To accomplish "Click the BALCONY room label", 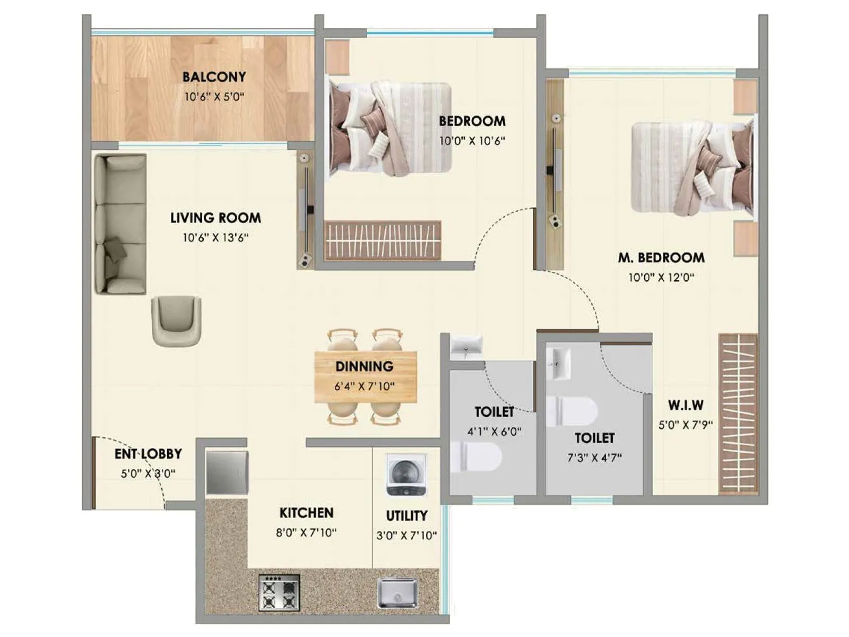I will pos(214,77).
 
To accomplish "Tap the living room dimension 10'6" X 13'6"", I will pos(215,238).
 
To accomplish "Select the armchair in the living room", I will pos(176,321).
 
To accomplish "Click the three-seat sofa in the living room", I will pos(120,224).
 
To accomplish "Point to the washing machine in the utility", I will pos(406,475).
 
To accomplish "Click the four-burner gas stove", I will pos(279,592).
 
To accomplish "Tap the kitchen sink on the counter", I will pos(397,592).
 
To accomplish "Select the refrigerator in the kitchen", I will pos(227,472).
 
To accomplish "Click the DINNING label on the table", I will pos(365,366).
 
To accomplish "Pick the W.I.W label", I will pos(686,406).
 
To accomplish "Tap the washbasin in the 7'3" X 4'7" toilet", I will pos(558,364).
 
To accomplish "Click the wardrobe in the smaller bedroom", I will pos(383,240).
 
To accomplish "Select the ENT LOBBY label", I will pos(148,454).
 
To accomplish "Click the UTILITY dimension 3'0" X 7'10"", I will pos(406,536).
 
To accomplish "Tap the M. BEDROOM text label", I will pos(661,258).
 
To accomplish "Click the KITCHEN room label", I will pos(306,513).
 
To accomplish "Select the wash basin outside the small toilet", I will pos(466,346).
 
